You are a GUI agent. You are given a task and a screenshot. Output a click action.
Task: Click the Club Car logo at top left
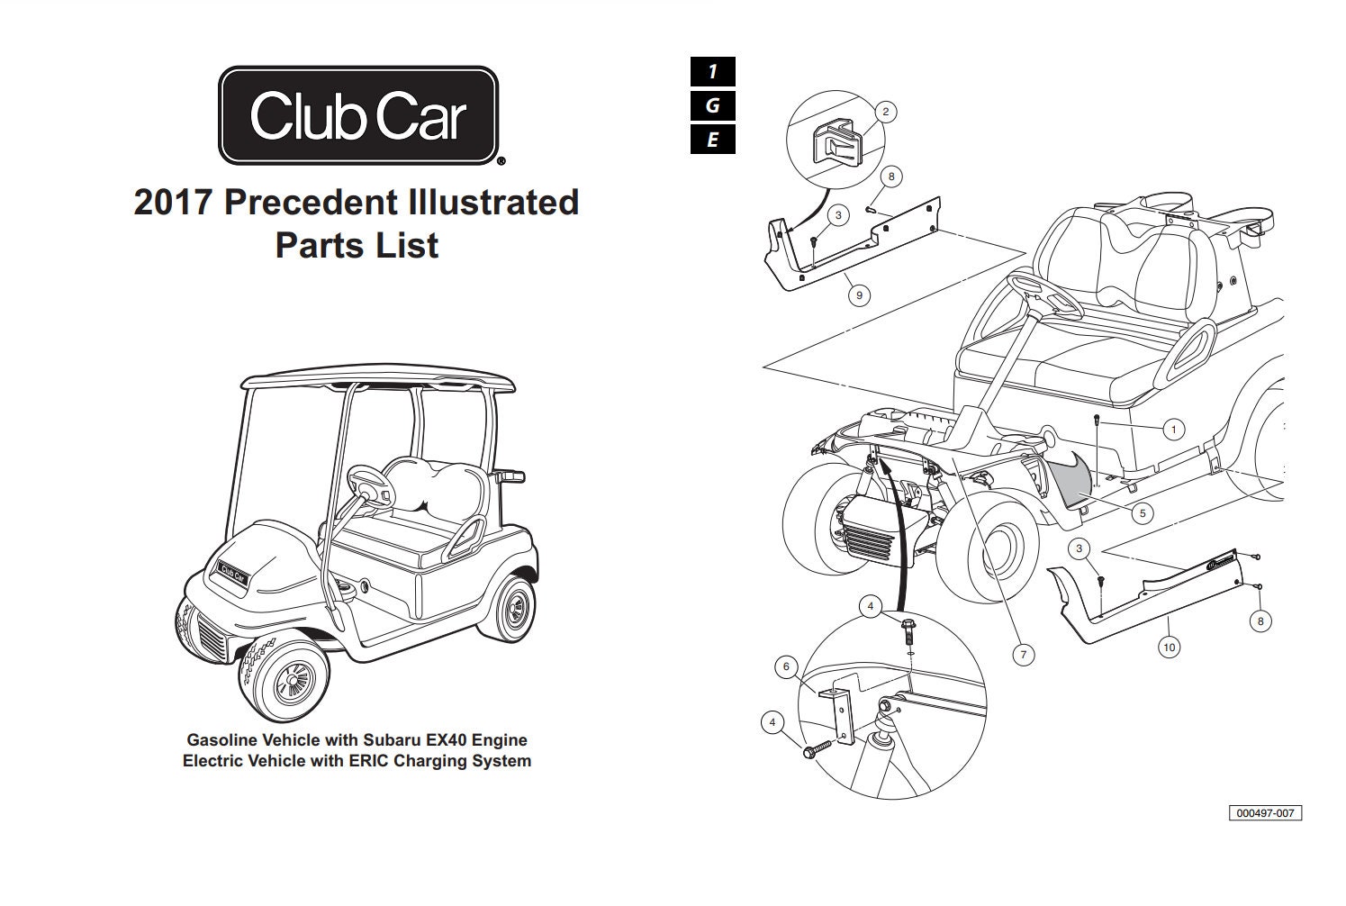357,115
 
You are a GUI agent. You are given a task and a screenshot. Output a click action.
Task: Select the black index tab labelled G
712,105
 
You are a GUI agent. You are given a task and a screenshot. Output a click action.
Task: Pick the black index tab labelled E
712,140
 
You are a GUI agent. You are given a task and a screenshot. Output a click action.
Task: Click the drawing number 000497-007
1265,812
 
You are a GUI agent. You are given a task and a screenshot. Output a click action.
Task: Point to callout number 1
1172,429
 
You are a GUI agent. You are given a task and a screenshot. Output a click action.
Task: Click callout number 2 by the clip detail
885,112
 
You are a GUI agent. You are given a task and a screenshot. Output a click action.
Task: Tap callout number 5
1142,513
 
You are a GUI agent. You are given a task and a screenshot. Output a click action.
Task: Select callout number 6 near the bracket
786,666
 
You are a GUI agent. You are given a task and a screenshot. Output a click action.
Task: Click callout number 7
1022,655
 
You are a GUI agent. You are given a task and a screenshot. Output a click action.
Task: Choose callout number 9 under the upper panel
859,294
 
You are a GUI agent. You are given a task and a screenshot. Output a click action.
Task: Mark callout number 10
1169,647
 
